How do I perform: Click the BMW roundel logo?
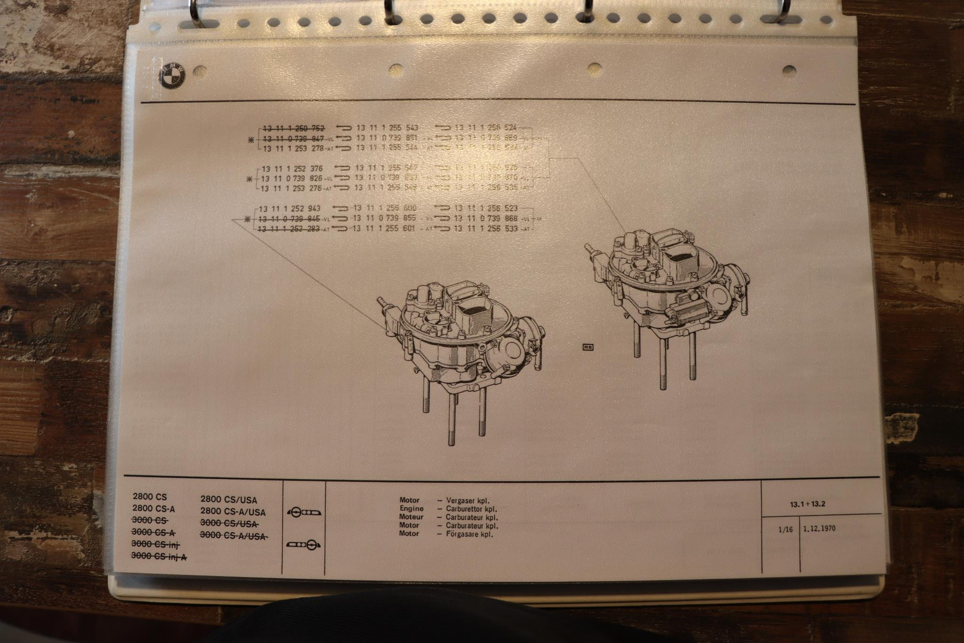coord(172,76)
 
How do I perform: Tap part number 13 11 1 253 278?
coord(292,148)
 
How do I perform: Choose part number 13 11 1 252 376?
coord(292,169)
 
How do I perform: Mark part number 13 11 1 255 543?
coord(387,128)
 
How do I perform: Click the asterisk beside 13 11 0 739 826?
coord(250,179)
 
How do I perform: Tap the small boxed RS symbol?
coord(587,347)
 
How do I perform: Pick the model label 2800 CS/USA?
coord(228,500)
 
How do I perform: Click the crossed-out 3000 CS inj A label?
coord(159,556)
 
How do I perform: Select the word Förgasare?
coord(463,534)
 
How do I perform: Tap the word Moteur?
coord(411,517)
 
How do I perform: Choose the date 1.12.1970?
coord(819,528)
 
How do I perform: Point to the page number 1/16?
coord(785,529)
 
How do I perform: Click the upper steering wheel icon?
coord(303,512)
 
